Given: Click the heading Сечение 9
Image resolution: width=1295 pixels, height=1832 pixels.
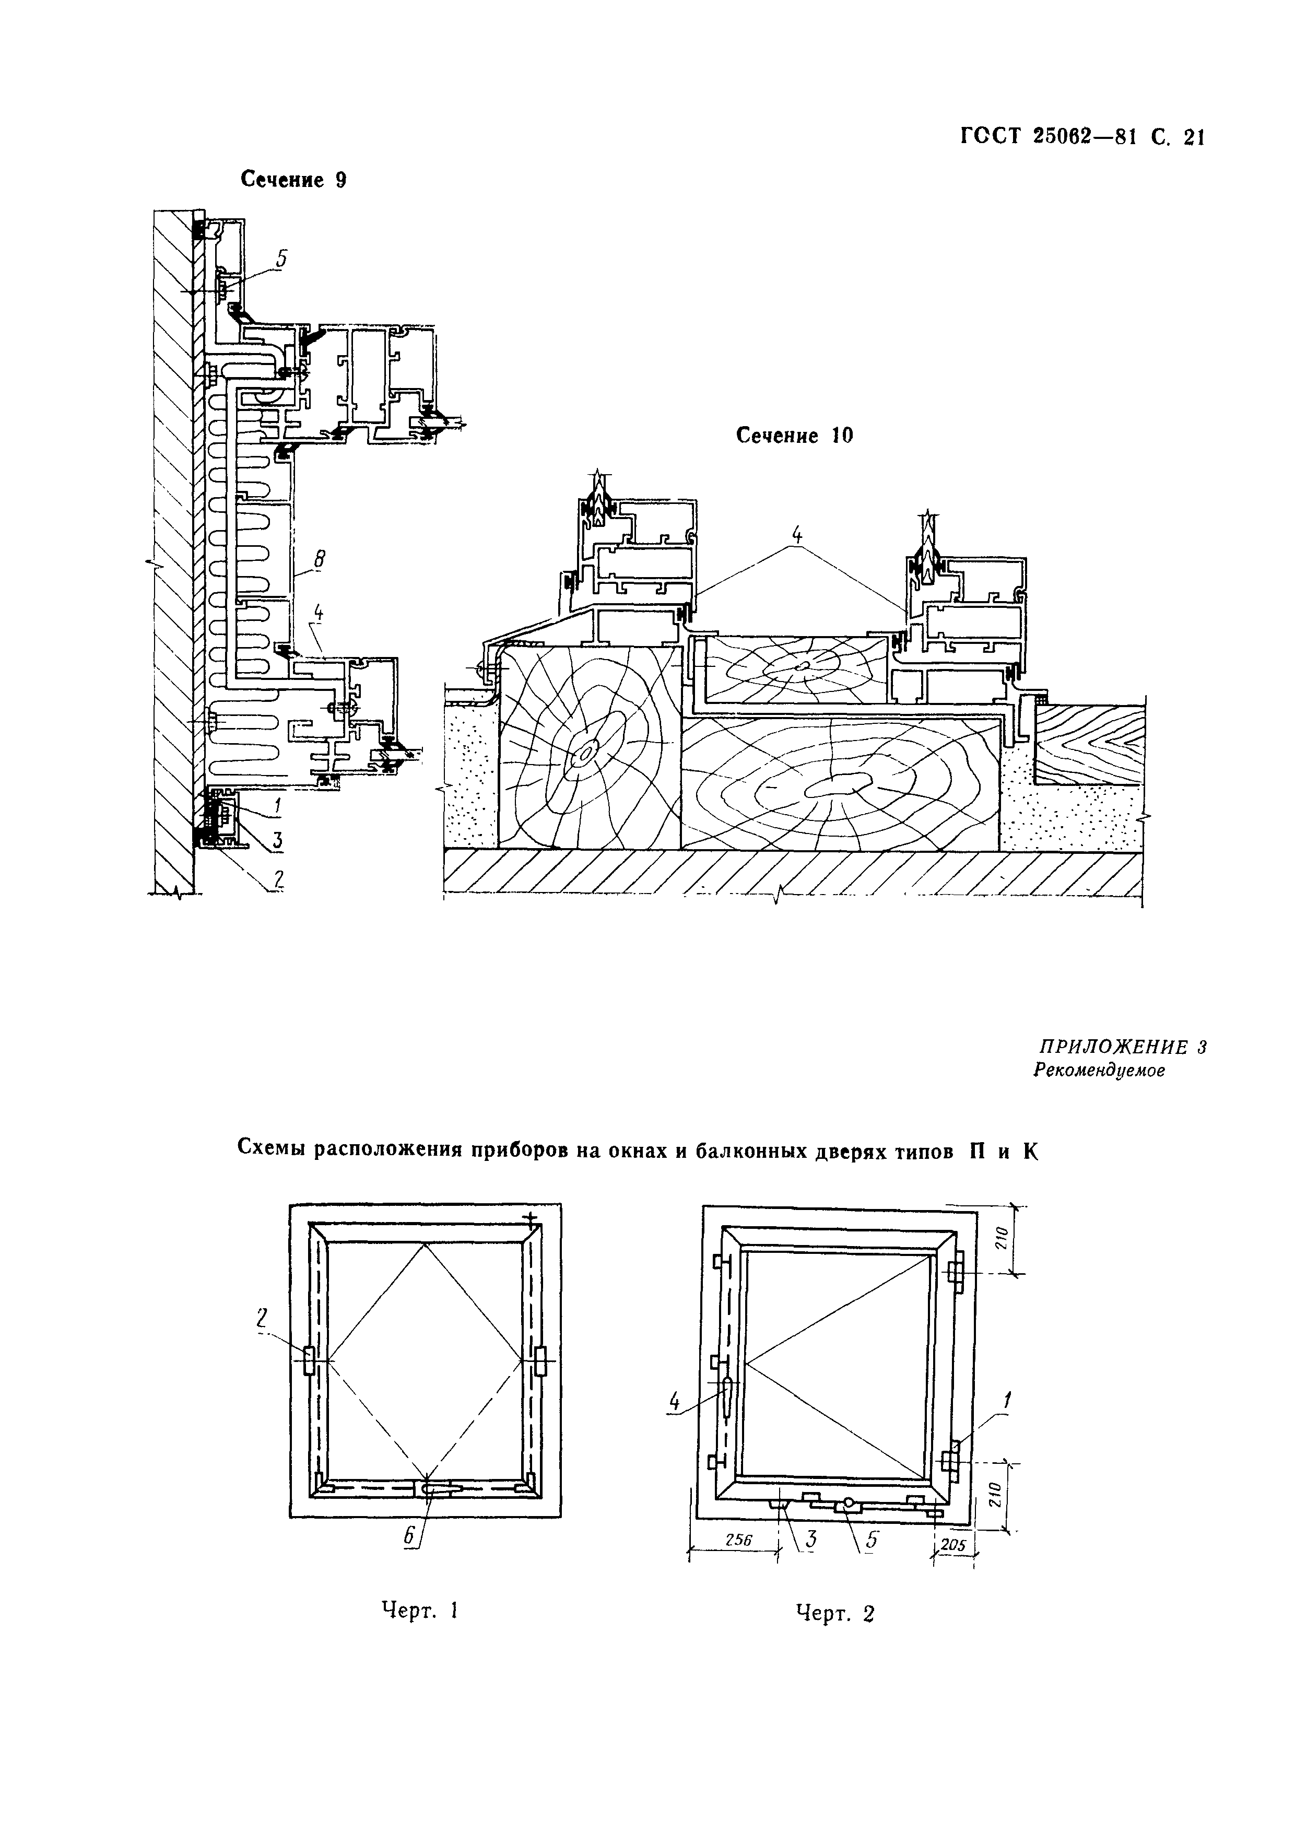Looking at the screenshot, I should tap(293, 180).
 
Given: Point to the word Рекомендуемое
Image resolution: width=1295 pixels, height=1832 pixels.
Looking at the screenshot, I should tap(1099, 1071).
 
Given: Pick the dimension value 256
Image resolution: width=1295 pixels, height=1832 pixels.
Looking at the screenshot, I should tap(738, 1540).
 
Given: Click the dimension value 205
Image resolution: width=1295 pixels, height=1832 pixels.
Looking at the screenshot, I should tap(952, 1545).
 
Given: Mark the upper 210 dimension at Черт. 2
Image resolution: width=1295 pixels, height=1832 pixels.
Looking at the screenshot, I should tap(1003, 1239).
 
